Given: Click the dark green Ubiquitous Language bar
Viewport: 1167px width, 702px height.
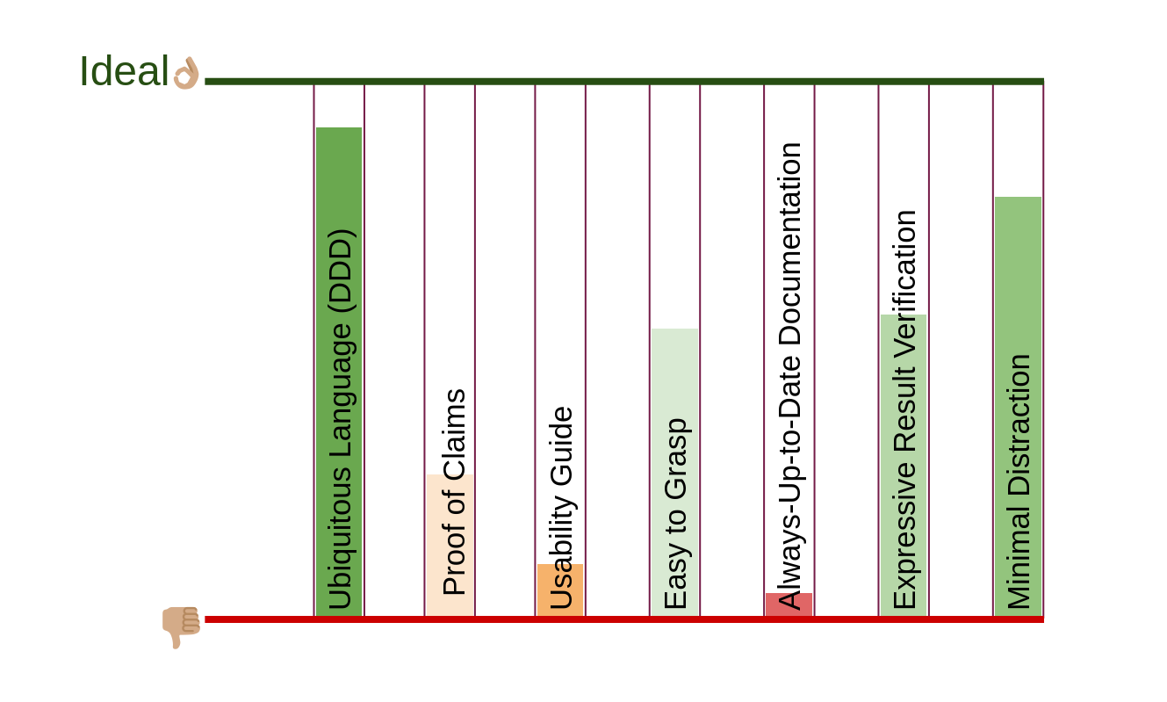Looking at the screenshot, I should tap(339, 176).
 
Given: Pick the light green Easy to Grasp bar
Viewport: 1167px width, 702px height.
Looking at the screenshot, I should tap(674, 369).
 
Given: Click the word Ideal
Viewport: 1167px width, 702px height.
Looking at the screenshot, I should tap(123, 72).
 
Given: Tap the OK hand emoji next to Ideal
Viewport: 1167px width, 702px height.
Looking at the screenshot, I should tap(186, 73).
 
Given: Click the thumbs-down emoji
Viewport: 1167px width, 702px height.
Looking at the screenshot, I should tap(181, 626).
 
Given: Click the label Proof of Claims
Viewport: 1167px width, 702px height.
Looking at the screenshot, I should tap(454, 492).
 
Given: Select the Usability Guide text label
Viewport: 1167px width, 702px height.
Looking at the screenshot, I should tap(561, 508).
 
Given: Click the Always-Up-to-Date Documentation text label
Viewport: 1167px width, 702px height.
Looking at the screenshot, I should tap(789, 376).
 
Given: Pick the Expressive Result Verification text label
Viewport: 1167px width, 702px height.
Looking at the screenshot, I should tap(904, 409).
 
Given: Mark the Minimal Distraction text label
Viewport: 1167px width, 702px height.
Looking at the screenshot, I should tap(1019, 481).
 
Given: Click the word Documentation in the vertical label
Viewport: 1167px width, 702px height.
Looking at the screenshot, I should tap(789, 246).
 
